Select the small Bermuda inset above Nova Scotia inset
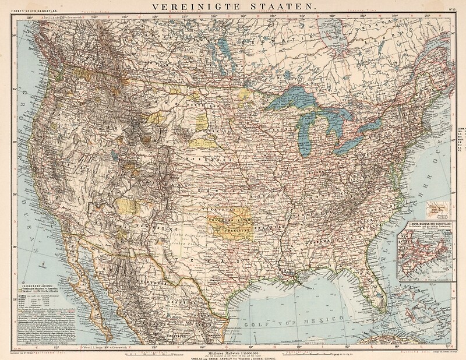[434, 207]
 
